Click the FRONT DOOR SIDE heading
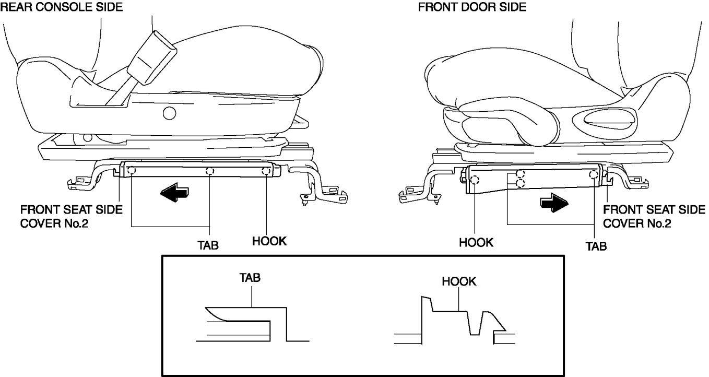472,7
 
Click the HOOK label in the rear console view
269,242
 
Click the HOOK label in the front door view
476,242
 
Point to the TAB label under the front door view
595,245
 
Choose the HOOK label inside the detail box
459,281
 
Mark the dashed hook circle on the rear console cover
266,171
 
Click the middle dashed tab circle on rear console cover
210,171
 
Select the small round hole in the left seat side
169,112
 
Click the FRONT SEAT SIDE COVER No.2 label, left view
71,215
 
